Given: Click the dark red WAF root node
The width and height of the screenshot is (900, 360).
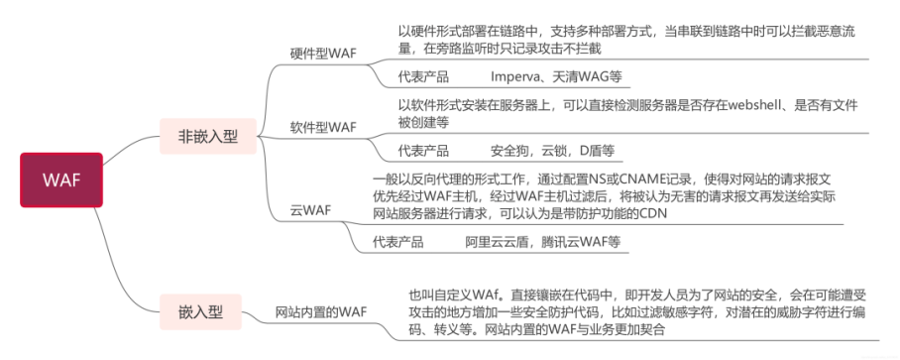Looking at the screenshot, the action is coord(61,180).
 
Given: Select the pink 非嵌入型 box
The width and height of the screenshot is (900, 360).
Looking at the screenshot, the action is coord(208,137).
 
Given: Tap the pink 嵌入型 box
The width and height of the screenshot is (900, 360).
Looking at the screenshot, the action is coord(200,312).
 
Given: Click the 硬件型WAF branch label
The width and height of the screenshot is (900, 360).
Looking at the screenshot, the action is coord(323,54).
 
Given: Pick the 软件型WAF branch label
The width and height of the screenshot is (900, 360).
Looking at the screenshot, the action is coord(323,127).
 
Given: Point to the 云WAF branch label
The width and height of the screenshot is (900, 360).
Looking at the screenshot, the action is coord(310,210).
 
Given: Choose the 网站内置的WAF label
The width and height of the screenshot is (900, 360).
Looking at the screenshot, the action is coord(320,311).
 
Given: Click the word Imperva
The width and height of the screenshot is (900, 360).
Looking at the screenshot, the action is coord(514,77).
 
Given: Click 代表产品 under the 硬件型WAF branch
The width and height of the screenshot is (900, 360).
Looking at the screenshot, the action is coord(423,77).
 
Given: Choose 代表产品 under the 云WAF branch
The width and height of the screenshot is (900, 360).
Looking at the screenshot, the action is coord(398,242).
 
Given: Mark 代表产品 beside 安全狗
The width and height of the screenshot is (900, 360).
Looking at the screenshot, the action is coord(423,151).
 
